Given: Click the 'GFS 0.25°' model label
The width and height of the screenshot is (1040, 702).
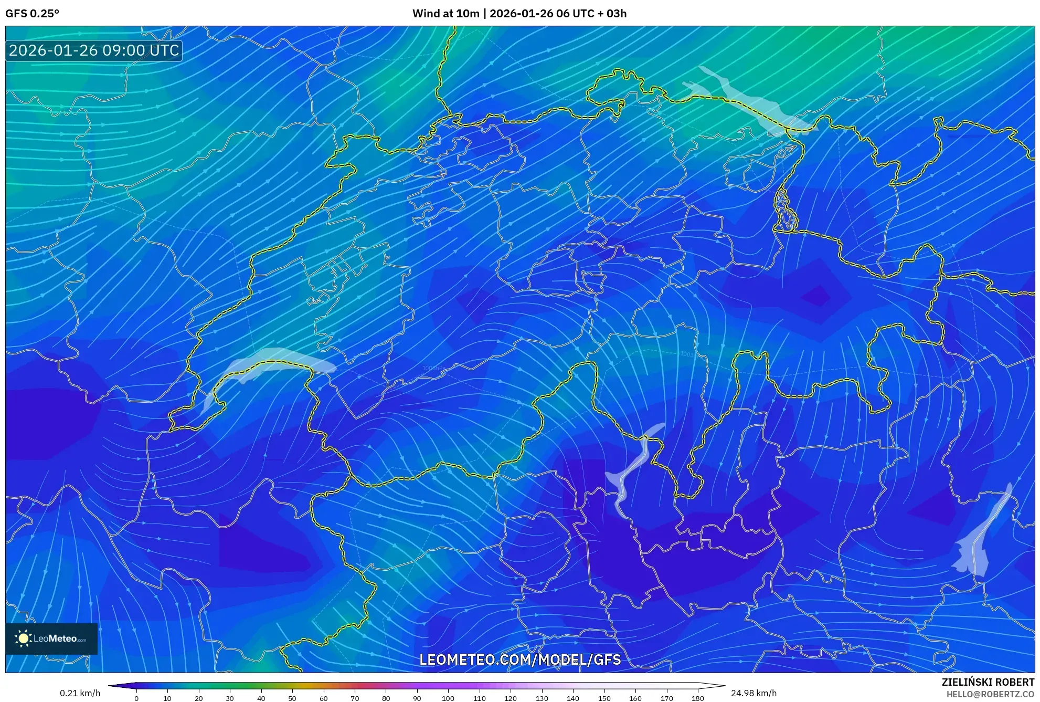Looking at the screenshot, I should (x=32, y=14).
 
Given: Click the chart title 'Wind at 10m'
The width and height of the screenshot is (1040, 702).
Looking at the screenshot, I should (x=445, y=14).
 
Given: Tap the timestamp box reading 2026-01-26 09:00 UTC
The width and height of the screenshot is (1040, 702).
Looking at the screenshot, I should (x=94, y=50).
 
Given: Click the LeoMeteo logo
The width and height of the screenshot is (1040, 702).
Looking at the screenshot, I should (x=51, y=638).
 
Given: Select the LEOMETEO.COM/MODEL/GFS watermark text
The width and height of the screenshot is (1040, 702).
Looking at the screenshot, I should (x=520, y=659).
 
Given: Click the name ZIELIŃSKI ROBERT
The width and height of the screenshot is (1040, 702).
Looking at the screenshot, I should (x=988, y=682).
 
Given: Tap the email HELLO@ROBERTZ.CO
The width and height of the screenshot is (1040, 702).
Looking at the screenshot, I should (x=990, y=694).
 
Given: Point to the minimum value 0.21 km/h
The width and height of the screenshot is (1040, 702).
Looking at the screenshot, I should (x=80, y=693).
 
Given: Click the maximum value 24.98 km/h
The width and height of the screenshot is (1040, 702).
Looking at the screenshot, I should (x=754, y=693).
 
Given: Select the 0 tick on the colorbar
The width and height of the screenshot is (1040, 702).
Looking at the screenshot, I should (x=136, y=698).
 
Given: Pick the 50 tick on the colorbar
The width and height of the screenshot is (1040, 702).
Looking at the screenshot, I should (x=292, y=698).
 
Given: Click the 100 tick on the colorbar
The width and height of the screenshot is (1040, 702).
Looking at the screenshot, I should (x=448, y=698).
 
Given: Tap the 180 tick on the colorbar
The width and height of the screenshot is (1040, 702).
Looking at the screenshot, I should (x=697, y=698).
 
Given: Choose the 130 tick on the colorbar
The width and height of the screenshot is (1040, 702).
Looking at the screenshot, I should (x=542, y=698).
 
